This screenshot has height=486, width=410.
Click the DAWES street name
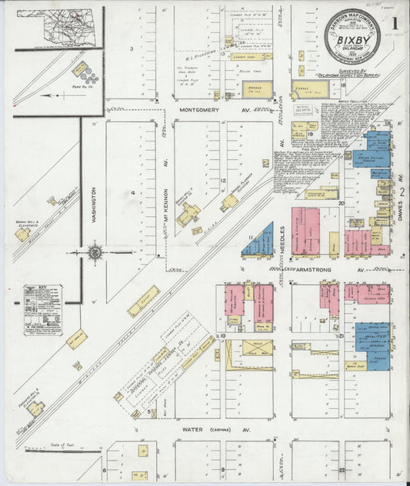point(401,205)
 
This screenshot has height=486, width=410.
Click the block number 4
point(132,190)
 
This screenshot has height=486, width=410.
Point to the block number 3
point(132,48)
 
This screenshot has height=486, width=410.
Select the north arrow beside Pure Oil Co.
point(52,96)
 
